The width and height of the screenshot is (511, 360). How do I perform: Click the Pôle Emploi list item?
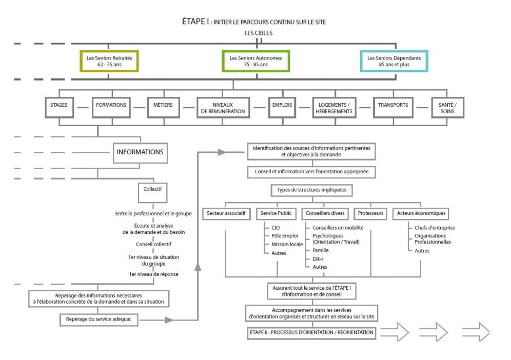285,236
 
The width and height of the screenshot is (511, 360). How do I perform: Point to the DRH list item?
318,259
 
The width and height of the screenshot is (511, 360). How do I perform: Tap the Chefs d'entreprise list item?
435,228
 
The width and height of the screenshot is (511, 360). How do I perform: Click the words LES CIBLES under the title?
259,33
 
